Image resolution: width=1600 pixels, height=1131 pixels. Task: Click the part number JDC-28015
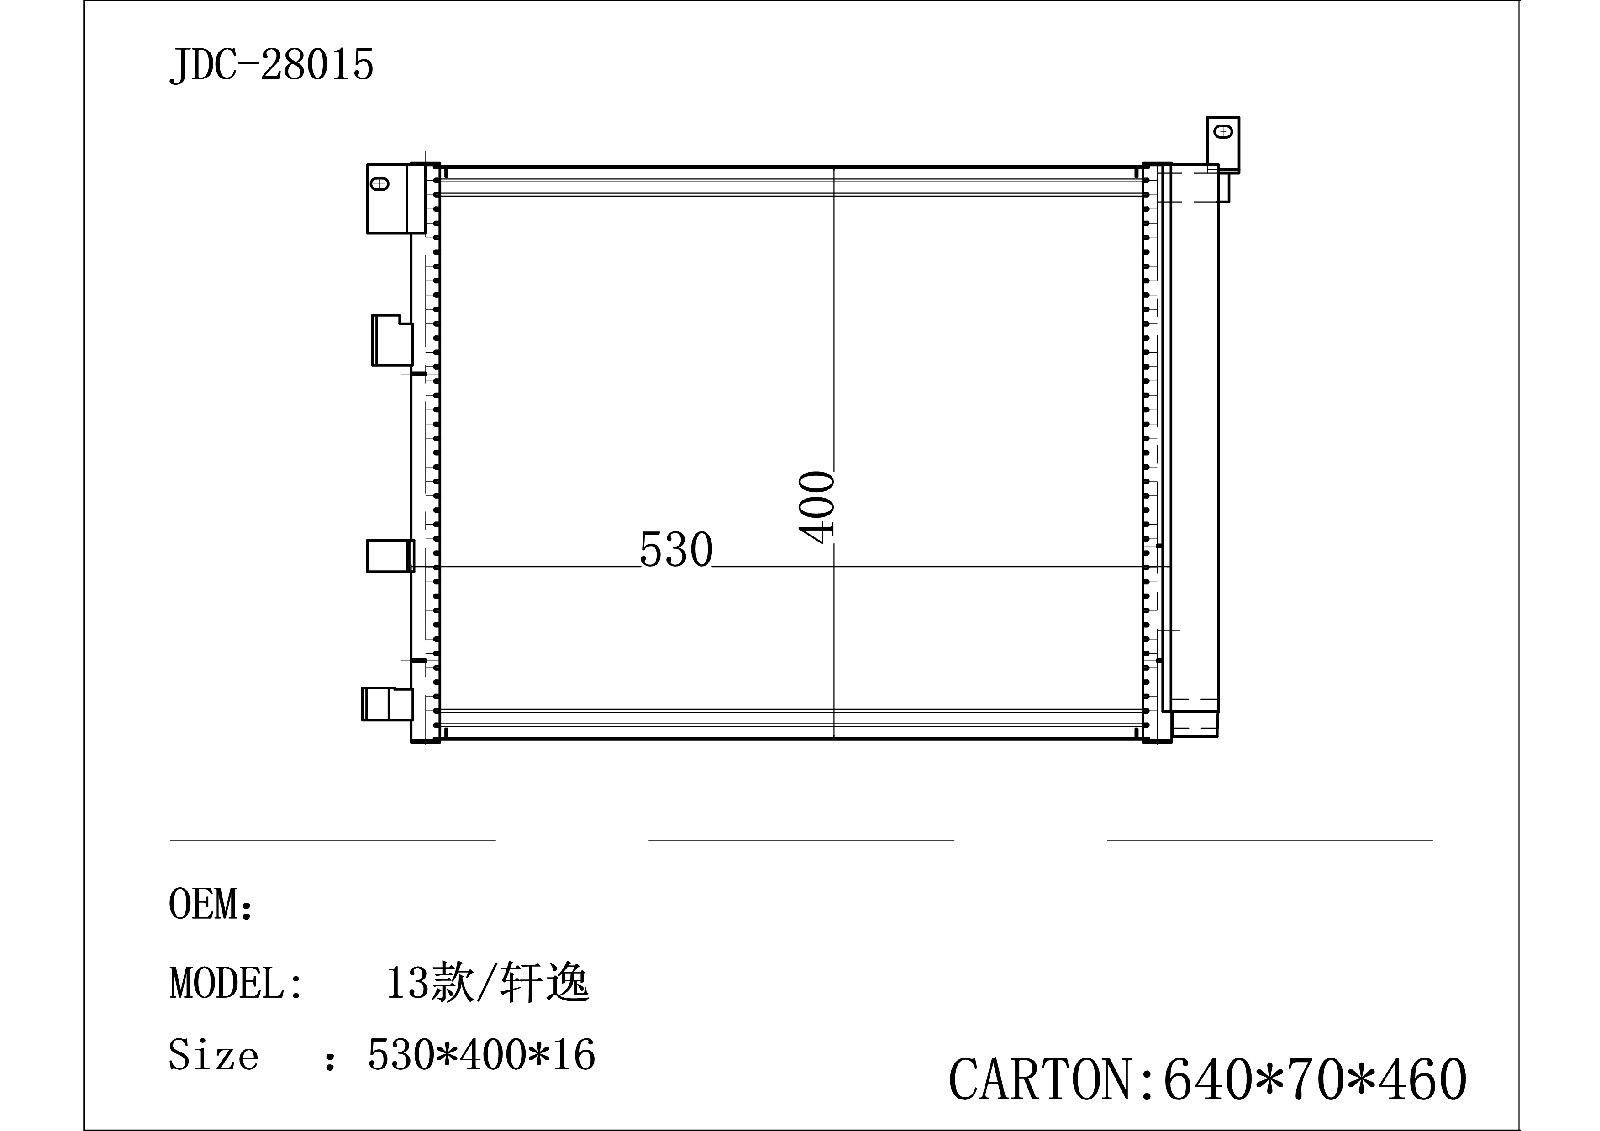[271, 66]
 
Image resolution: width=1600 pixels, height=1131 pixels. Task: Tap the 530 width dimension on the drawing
[676, 550]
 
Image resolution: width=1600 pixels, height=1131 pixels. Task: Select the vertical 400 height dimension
[818, 506]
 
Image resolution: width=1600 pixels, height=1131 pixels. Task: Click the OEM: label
[211, 905]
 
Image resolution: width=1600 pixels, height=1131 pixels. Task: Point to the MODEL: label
[236, 983]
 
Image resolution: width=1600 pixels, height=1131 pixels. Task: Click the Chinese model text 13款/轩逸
[488, 983]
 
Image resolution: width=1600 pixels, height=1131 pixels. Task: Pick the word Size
[213, 1055]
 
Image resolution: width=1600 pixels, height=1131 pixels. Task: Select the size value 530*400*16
[481, 1055]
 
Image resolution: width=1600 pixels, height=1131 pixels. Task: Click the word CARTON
[1040, 1080]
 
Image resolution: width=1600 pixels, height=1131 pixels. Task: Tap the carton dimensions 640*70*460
[1315, 1080]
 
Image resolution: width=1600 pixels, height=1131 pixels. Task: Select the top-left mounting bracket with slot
[388, 197]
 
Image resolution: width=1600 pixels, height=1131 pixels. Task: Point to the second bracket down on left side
[390, 340]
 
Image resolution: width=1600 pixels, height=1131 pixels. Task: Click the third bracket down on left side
[389, 556]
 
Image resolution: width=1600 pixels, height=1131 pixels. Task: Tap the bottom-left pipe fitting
[386, 703]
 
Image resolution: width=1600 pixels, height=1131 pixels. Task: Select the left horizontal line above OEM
[332, 841]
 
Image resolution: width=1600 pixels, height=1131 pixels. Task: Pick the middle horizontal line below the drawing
[800, 841]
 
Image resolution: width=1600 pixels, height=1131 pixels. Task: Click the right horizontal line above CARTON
[1269, 841]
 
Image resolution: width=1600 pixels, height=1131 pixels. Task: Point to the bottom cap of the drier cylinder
[1194, 722]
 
